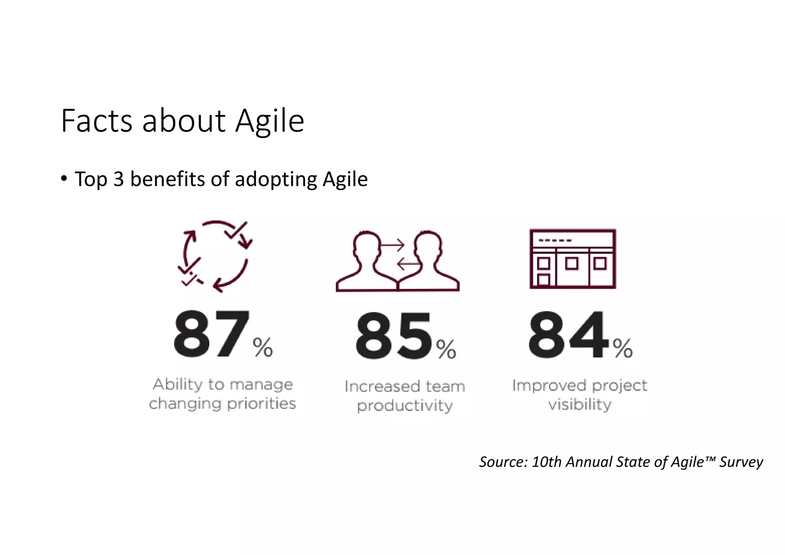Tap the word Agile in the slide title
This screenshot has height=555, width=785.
(269, 122)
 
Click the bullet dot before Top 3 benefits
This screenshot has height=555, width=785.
(64, 178)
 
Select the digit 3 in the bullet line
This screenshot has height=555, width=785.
(119, 179)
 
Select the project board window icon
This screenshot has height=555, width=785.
(573, 259)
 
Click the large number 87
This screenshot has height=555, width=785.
(211, 334)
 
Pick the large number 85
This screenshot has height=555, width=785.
(394, 335)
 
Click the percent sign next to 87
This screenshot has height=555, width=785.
(263, 347)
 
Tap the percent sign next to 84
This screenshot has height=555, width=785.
(622, 348)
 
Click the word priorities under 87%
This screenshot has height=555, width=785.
(261, 404)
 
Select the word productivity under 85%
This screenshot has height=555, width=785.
(405, 406)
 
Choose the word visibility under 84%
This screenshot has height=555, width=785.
(580, 404)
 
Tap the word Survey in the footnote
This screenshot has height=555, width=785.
(741, 462)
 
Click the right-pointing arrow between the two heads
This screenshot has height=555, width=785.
(392, 245)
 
